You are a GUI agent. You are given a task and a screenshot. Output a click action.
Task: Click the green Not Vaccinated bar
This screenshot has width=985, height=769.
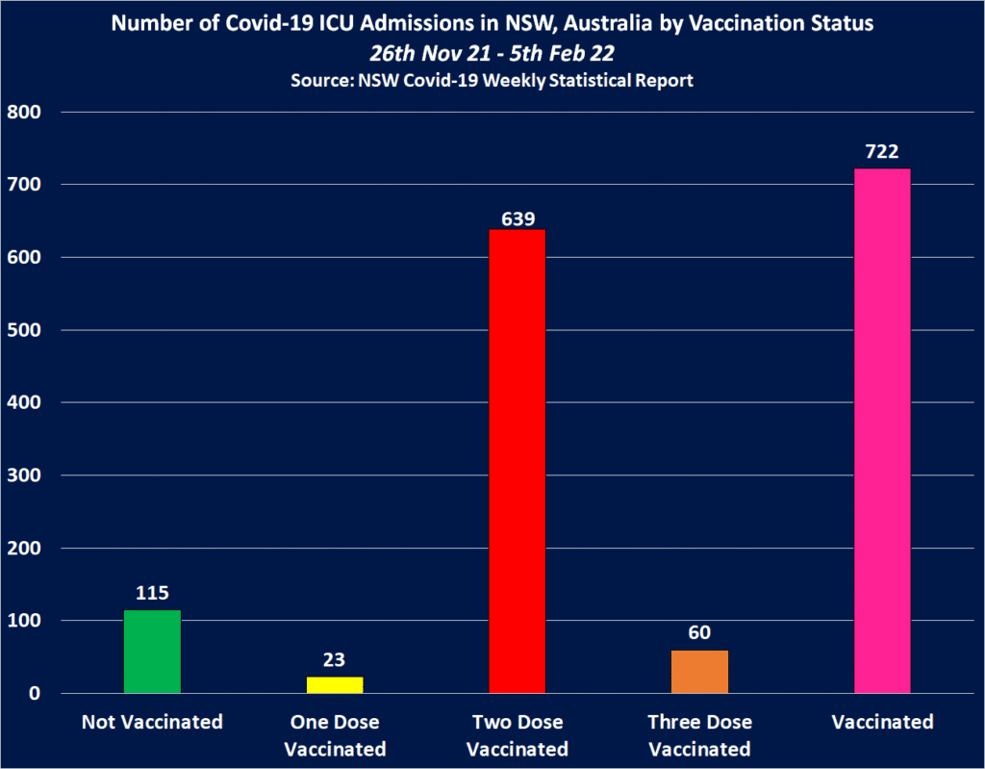click(152, 652)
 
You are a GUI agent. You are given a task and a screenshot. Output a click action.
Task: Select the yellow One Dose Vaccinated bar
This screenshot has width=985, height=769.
click(335, 684)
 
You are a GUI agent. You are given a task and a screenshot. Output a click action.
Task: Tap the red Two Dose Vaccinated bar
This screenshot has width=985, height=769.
click(518, 461)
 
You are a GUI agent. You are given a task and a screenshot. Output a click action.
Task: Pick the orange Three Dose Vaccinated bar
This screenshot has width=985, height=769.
click(699, 671)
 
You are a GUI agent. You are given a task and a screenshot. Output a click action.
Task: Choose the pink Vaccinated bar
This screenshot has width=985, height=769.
click(882, 431)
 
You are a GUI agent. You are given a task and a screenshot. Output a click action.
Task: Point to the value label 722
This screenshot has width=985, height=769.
click(882, 153)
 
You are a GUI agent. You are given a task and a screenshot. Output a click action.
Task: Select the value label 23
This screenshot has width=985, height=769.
click(335, 661)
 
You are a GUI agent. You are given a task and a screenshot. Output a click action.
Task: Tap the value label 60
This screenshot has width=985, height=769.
click(699, 634)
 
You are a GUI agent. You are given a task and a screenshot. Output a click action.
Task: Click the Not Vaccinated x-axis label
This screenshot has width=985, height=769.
click(152, 722)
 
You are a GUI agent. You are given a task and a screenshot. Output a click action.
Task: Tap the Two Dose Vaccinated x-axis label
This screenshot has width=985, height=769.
click(518, 735)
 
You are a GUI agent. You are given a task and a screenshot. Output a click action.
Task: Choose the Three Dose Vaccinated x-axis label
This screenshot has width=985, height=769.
click(699, 735)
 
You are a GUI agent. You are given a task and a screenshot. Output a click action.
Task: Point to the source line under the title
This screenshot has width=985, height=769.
click(492, 81)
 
